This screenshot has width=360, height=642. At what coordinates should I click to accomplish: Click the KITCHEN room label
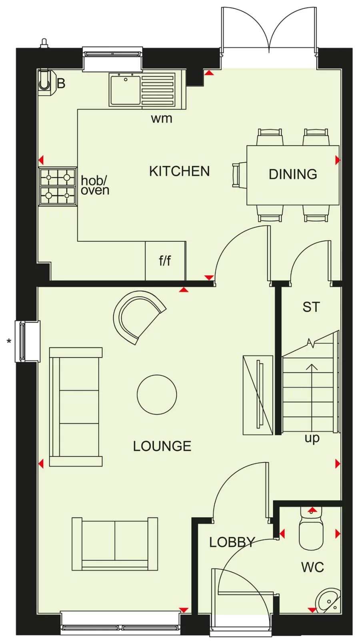179,171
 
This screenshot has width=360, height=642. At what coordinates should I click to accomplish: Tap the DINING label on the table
293,174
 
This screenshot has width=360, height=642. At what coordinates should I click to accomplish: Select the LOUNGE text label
162,446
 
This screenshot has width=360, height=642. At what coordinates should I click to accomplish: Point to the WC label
312,567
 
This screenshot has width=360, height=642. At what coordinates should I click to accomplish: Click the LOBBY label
232,542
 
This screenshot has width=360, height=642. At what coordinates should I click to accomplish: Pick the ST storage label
311,307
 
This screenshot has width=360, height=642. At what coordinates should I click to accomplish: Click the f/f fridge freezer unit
165,261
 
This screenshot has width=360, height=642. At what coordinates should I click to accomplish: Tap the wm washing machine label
162,118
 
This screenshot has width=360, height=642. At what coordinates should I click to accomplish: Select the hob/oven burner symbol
58,186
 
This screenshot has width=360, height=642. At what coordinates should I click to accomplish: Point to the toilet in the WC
311,530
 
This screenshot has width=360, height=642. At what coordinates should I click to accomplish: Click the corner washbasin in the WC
328,600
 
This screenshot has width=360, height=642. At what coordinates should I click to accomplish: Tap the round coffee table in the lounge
157,395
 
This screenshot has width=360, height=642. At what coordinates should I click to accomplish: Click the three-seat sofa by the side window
75,407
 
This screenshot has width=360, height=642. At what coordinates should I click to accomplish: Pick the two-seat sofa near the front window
115,544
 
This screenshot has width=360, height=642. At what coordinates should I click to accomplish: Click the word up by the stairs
312,438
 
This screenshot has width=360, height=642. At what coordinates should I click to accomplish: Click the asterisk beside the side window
9,341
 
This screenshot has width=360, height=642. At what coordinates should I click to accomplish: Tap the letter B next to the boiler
61,84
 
